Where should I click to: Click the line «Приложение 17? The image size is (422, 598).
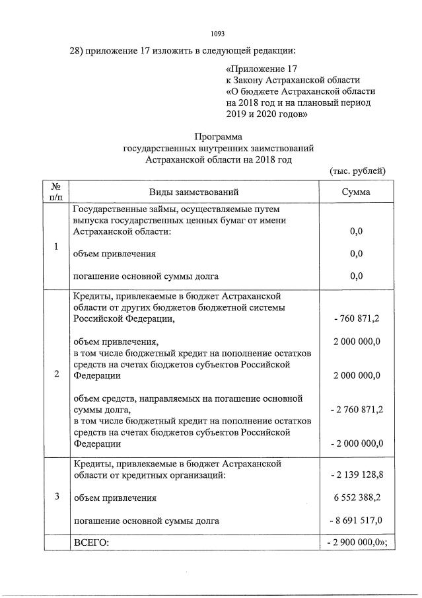point(263,69)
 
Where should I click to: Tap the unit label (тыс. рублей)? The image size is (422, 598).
point(357,170)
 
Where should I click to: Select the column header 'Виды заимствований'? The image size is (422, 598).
point(193,192)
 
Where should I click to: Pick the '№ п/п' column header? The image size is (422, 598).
point(56,192)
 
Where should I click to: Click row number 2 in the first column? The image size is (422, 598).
point(56,374)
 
